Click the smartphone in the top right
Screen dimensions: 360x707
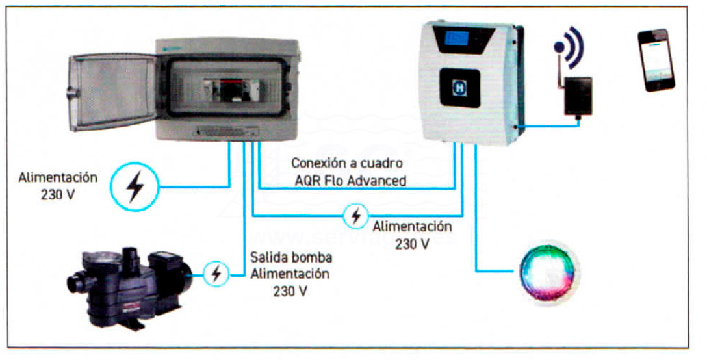(656, 60)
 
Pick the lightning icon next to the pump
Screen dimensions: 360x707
(215, 274)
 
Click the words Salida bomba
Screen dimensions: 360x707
(284, 258)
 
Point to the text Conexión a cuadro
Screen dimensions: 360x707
(347, 162)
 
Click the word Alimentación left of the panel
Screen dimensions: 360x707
(58, 177)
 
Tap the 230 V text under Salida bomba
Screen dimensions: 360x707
(290, 290)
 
